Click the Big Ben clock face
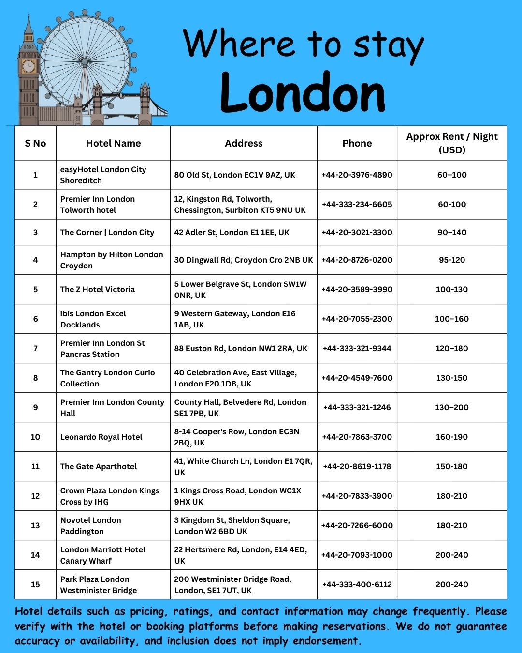(29, 66)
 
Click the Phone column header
(357, 143)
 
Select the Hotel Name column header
(113, 143)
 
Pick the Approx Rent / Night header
(451, 143)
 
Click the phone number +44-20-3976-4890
(357, 175)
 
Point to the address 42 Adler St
(232, 232)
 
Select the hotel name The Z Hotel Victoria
(98, 289)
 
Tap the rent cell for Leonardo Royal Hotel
(451, 437)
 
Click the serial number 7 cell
(35, 348)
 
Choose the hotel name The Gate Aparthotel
(99, 466)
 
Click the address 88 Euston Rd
(241, 348)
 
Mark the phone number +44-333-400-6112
(357, 584)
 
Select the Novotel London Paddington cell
(91, 525)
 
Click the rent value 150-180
(451, 466)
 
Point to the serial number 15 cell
(35, 584)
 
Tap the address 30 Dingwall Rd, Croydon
(244, 260)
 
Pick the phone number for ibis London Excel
(357, 319)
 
